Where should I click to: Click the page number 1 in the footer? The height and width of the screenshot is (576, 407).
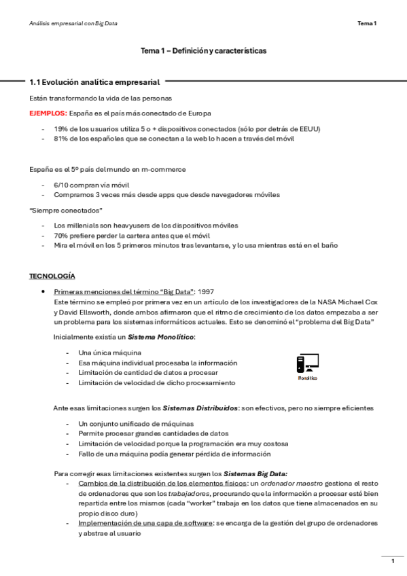392,561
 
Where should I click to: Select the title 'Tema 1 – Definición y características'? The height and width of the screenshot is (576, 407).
203,51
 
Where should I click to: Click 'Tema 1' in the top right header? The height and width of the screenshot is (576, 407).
367,24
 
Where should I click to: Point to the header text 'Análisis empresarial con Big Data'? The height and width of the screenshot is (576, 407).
73,24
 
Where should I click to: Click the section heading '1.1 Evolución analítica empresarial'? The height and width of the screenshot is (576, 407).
94,83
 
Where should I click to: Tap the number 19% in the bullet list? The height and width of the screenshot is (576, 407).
60,128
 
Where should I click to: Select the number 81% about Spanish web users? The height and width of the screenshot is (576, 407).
60,139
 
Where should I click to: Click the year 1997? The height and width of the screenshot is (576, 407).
205,291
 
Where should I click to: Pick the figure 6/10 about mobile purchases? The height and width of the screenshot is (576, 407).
60,185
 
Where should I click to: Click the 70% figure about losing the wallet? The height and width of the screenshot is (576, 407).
60,235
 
